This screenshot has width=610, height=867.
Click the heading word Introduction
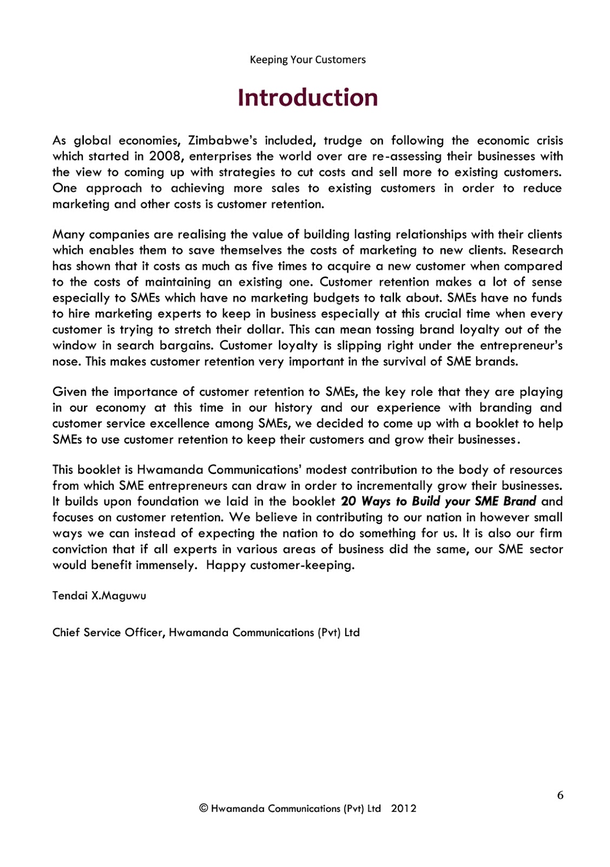coord(307,98)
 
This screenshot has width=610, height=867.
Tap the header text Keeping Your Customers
coord(307,60)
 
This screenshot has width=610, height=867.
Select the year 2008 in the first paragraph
coord(165,157)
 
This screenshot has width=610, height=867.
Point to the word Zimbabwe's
coord(222,141)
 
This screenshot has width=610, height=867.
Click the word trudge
coord(343,141)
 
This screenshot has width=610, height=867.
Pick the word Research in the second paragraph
coord(537,250)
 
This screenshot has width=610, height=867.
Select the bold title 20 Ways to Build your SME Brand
coord(438,501)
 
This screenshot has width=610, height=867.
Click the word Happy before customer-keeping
coord(226,565)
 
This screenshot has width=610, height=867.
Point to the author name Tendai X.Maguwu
coord(99,596)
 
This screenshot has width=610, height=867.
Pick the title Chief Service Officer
coord(108,632)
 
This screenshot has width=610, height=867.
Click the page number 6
coord(560,795)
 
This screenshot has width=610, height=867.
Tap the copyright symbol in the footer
coord(204,808)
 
